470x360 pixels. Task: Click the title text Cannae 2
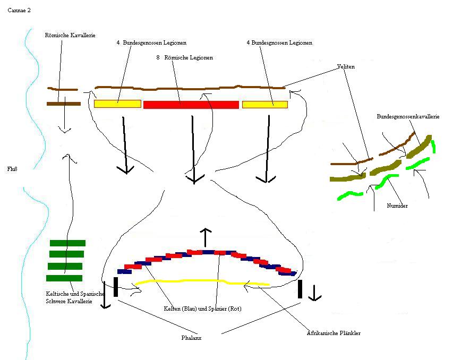19,10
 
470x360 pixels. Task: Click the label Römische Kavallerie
70,35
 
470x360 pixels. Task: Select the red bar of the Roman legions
191,105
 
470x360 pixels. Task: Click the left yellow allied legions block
117,104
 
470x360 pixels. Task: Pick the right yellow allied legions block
264,104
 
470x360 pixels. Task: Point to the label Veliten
346,67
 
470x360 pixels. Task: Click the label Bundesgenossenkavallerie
408,116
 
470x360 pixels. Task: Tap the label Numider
397,205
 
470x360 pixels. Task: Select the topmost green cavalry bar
67,243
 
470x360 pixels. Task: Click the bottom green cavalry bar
64,278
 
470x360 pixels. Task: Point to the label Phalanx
191,337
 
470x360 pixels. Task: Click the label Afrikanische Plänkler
334,333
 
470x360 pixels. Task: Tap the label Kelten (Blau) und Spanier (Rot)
202,308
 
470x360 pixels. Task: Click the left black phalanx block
116,287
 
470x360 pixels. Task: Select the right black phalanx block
300,288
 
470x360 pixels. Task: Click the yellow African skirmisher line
202,281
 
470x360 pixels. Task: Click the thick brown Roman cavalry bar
63,104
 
